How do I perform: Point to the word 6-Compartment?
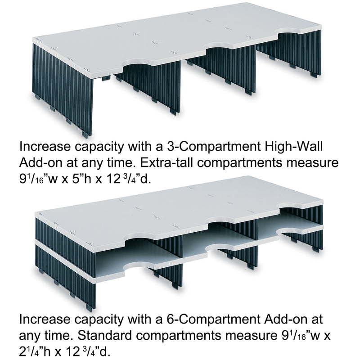tap(213, 319)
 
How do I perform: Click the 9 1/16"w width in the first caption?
tap(38, 179)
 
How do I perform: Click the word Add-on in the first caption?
tap(40, 162)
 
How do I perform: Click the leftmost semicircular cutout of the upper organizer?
tap(138, 63)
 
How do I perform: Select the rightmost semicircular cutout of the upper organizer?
tap(290, 31)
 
